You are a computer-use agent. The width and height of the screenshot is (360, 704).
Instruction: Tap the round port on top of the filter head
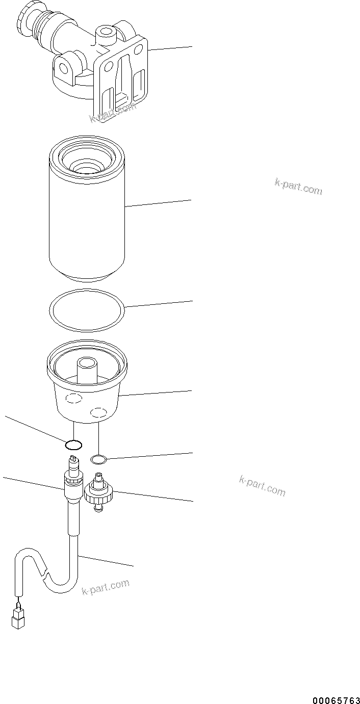106,34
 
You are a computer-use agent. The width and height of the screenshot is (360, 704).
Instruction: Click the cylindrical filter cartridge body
87,224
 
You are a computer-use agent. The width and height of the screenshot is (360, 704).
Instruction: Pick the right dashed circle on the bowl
98,411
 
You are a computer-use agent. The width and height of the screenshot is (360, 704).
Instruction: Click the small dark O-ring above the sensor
74,445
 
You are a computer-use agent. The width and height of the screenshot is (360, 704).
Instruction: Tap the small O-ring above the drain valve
98,460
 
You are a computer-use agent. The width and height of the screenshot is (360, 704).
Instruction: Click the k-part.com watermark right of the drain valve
262,485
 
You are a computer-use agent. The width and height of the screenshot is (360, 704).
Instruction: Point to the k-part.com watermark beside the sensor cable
106,587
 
